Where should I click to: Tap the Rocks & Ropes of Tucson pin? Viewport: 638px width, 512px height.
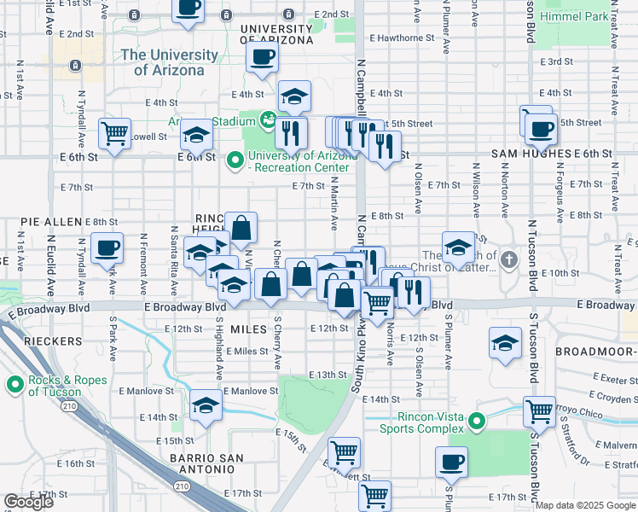point(14,386)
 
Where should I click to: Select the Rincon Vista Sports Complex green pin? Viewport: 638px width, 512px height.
point(478,420)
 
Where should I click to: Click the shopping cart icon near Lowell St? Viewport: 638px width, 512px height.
point(114,132)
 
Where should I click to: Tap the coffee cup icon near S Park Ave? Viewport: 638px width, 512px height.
point(107,247)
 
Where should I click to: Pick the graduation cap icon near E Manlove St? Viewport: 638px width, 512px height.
point(206,406)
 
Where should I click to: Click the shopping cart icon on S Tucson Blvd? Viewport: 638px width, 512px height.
point(539,411)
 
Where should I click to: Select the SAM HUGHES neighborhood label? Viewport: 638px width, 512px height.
point(530,154)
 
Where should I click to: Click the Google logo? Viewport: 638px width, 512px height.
point(28,502)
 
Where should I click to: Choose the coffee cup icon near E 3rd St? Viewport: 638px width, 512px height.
point(262,58)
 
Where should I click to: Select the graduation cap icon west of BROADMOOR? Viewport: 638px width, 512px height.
point(505,343)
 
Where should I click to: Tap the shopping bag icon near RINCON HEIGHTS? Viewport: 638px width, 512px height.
point(241,227)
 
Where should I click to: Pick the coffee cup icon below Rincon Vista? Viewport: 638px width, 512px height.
point(451,463)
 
